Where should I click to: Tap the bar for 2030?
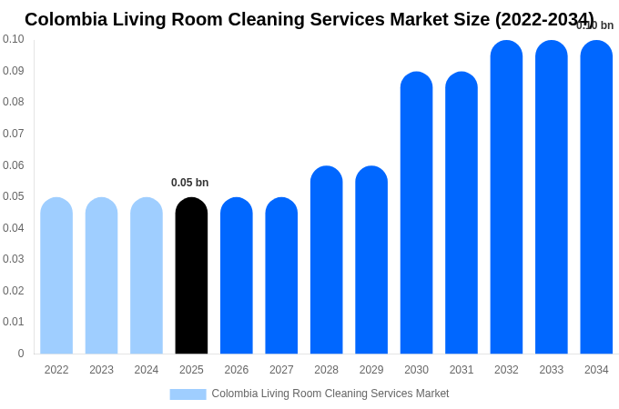pos(416,213)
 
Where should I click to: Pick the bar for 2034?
pos(596,197)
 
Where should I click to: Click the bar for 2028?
pos(326,260)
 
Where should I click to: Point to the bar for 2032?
pos(506,197)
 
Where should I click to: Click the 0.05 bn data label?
pos(189,183)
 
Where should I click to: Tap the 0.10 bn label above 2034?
pos(595,25)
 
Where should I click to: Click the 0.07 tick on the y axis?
pos(14,134)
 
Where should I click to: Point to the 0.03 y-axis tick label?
pos(14,259)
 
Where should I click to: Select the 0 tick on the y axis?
pos(21,354)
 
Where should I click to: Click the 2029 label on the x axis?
pos(371,370)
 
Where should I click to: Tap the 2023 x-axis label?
pos(101,370)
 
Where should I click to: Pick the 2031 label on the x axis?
pos(462,370)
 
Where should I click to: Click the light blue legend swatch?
pos(188,394)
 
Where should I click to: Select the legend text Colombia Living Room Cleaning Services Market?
pos(330,394)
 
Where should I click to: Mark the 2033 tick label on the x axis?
pos(551,370)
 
